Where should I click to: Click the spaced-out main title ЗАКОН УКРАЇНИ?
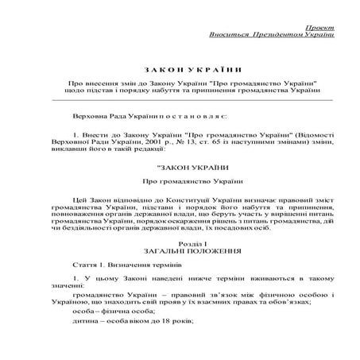(x=180, y=69)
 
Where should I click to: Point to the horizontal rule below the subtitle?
(x=180, y=101)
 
